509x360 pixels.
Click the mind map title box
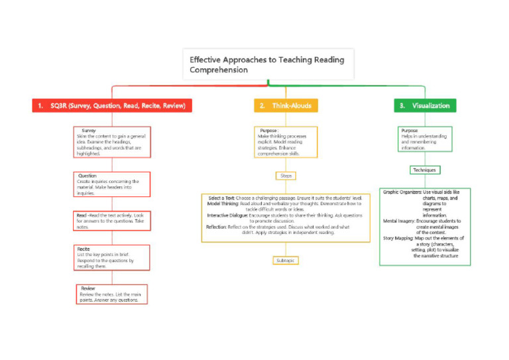click(x=268, y=64)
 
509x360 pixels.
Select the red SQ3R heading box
click(x=112, y=105)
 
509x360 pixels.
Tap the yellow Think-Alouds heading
click(x=285, y=105)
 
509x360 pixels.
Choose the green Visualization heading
click(x=424, y=105)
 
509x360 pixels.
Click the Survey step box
click(x=111, y=142)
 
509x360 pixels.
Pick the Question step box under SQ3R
click(x=111, y=184)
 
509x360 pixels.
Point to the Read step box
click(x=111, y=221)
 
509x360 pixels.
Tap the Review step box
click(x=111, y=294)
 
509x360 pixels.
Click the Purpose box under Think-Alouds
click(x=286, y=142)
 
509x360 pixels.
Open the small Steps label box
click(x=286, y=176)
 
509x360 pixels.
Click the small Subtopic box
click(x=286, y=261)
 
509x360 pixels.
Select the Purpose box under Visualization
click(x=425, y=139)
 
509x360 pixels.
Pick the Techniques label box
click(x=425, y=170)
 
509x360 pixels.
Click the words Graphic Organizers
click(x=402, y=192)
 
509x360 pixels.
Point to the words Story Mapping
click(x=398, y=238)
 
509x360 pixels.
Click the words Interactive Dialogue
click(x=227, y=215)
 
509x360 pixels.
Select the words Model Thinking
click(x=223, y=204)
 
